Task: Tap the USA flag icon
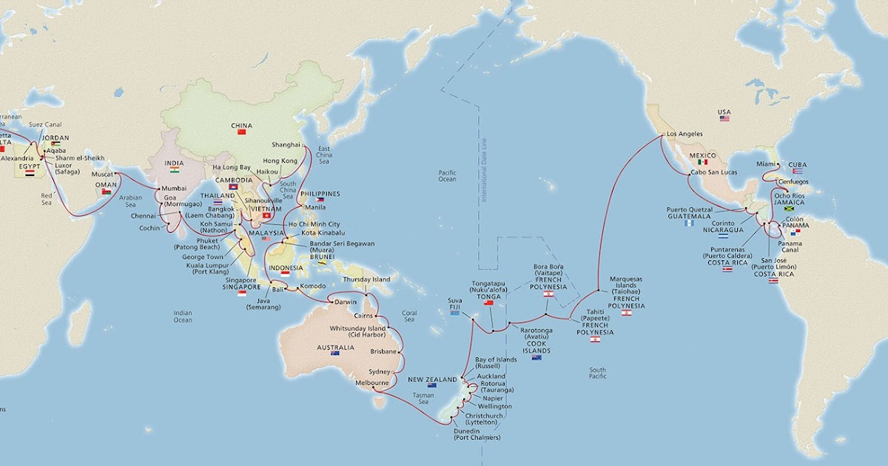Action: coord(724,118)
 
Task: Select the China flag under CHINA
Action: coord(241,132)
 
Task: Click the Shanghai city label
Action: coord(286,144)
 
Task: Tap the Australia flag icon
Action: coord(335,353)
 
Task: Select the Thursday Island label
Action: coord(366,280)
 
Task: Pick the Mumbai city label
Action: coord(173,188)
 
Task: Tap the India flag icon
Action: coord(175,170)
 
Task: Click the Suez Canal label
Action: coord(44,125)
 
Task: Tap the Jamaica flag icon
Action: coord(788,209)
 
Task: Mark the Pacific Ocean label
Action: coord(447,175)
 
